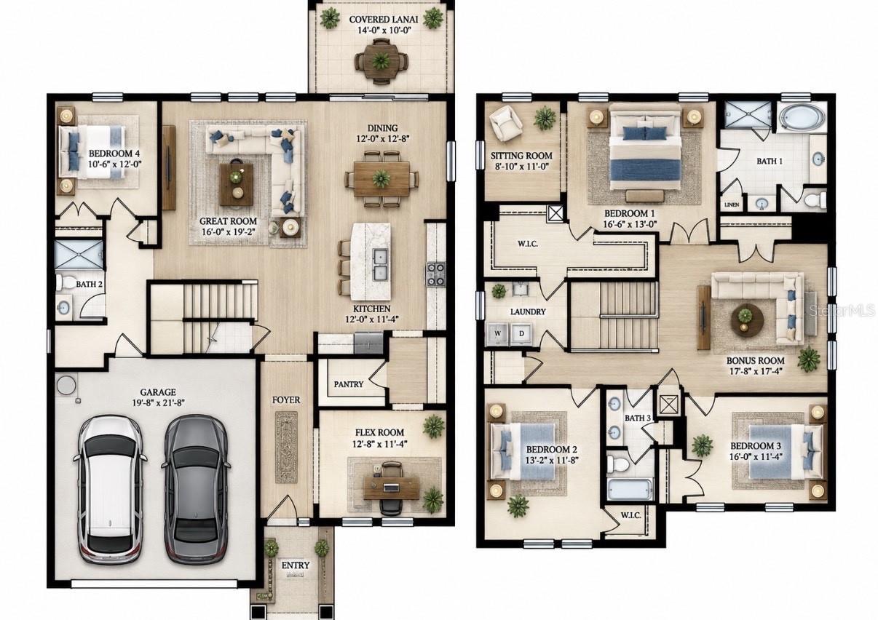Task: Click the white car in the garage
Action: pos(110,490)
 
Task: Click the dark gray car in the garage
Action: pos(195,490)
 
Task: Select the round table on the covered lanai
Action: pos(380,61)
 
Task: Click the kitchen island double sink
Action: pos(380,263)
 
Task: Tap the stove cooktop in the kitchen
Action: pos(436,274)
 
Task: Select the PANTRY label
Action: pos(349,384)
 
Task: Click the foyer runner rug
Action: pos(286,447)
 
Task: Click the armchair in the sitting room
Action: pos(506,123)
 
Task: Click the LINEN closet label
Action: pos(732,204)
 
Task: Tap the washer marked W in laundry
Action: pos(497,334)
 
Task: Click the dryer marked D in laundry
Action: pos(521,334)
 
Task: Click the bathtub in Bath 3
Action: pos(630,489)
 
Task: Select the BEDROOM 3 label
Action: pos(755,446)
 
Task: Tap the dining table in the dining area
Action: pos(381,179)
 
